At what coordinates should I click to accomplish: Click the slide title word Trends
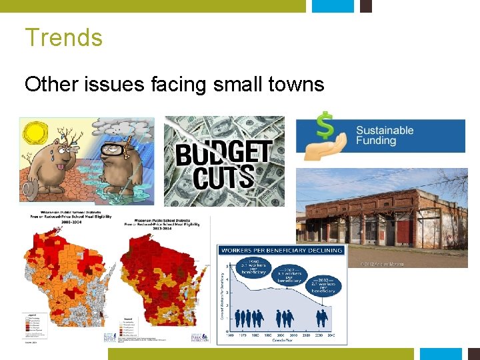coord(64,37)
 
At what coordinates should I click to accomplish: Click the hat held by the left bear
coord(29,191)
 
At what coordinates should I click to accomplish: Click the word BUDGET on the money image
coord(223,153)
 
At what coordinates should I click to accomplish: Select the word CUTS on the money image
coord(223,177)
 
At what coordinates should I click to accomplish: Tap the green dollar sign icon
coord(325,125)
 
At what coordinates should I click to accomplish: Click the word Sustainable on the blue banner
coord(385,130)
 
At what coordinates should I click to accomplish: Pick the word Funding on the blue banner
coord(376,141)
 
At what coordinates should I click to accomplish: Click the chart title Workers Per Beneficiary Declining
coord(281,250)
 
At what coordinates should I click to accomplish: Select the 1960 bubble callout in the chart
coord(255,265)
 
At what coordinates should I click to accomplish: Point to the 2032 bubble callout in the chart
coord(326,285)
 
